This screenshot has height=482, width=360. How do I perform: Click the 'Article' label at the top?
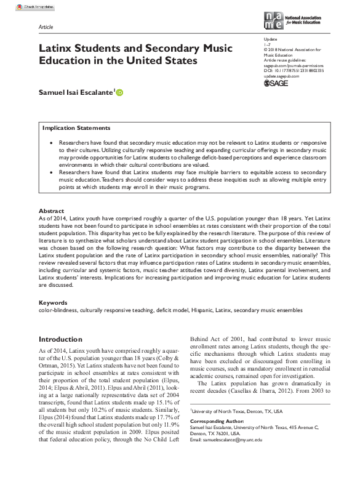click(x=46, y=28)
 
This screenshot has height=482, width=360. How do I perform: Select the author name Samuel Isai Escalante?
click(x=77, y=92)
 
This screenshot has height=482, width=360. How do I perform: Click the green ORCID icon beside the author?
click(x=119, y=92)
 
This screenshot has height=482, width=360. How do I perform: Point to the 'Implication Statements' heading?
click(x=76, y=128)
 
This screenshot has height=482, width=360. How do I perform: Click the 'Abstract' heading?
click(x=51, y=211)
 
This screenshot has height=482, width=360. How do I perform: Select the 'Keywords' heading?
click(x=53, y=302)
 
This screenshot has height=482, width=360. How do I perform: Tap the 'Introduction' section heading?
click(x=60, y=339)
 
